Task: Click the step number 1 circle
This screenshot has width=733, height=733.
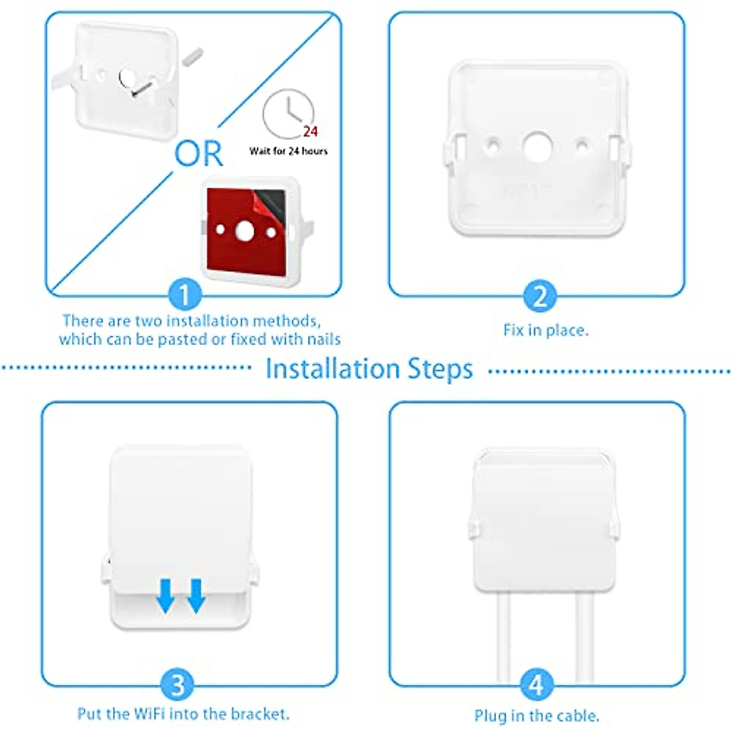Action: (184, 296)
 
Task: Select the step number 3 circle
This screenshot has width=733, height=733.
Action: (177, 684)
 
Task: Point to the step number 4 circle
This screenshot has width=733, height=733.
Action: (536, 684)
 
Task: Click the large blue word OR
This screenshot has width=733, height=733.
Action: (199, 154)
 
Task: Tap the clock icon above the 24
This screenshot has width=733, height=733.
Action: (288, 113)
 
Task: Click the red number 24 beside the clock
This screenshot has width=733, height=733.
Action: (310, 131)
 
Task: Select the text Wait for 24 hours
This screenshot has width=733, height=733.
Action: (288, 151)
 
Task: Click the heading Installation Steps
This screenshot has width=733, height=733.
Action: (369, 369)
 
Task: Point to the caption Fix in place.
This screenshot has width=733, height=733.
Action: (545, 330)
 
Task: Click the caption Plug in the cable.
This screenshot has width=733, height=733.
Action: (536, 715)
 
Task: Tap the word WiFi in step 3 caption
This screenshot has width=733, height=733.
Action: (150, 713)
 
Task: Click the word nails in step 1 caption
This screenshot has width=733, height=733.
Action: (323, 339)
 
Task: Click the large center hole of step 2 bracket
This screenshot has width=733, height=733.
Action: (538, 147)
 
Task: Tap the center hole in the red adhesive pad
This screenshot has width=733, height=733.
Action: (244, 231)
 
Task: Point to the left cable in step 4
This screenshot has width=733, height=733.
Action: (503, 635)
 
